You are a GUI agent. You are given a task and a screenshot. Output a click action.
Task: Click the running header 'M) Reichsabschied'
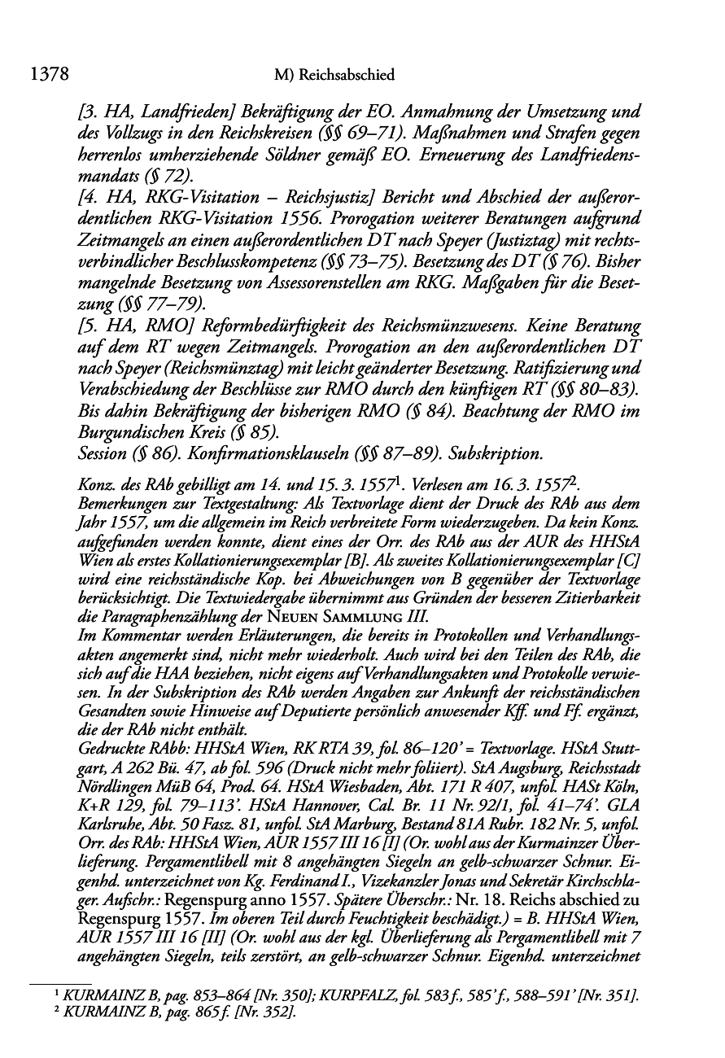pyautogui.click(x=334, y=76)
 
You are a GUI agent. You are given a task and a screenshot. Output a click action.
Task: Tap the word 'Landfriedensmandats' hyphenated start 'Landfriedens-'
pyautogui.click(x=583, y=154)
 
